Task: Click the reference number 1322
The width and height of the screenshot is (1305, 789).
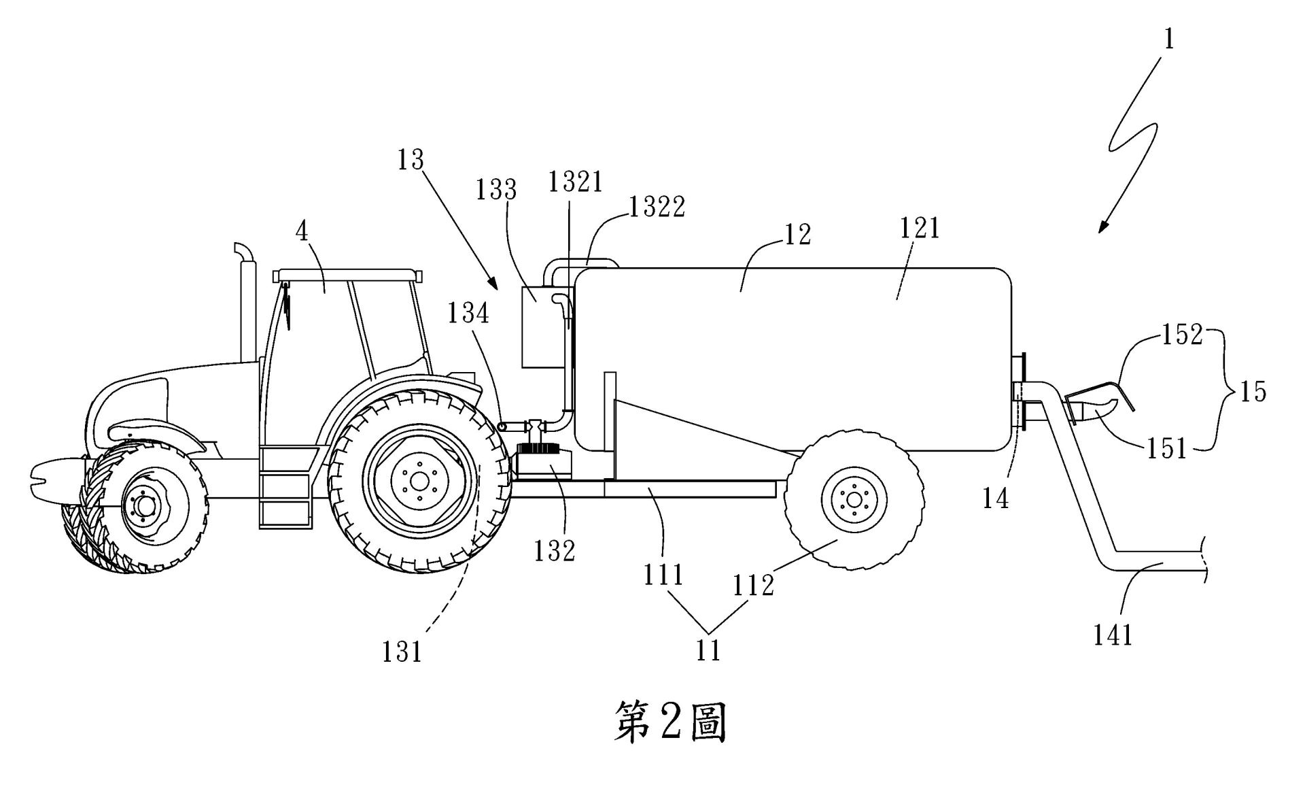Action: [657, 207]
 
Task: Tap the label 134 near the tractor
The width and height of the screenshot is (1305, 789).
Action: [468, 314]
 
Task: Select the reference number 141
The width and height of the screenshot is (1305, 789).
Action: [1113, 635]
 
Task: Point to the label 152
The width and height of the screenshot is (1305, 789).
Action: [1183, 334]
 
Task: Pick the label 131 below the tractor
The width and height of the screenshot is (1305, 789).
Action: [402, 652]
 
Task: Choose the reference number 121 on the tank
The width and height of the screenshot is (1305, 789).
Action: [919, 228]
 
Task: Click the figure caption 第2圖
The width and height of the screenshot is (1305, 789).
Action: [670, 722]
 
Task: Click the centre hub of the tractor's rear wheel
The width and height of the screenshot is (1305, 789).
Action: [419, 481]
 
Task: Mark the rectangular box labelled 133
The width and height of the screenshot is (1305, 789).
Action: [542, 328]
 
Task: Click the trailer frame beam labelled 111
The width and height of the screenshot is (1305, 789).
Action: [690, 488]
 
